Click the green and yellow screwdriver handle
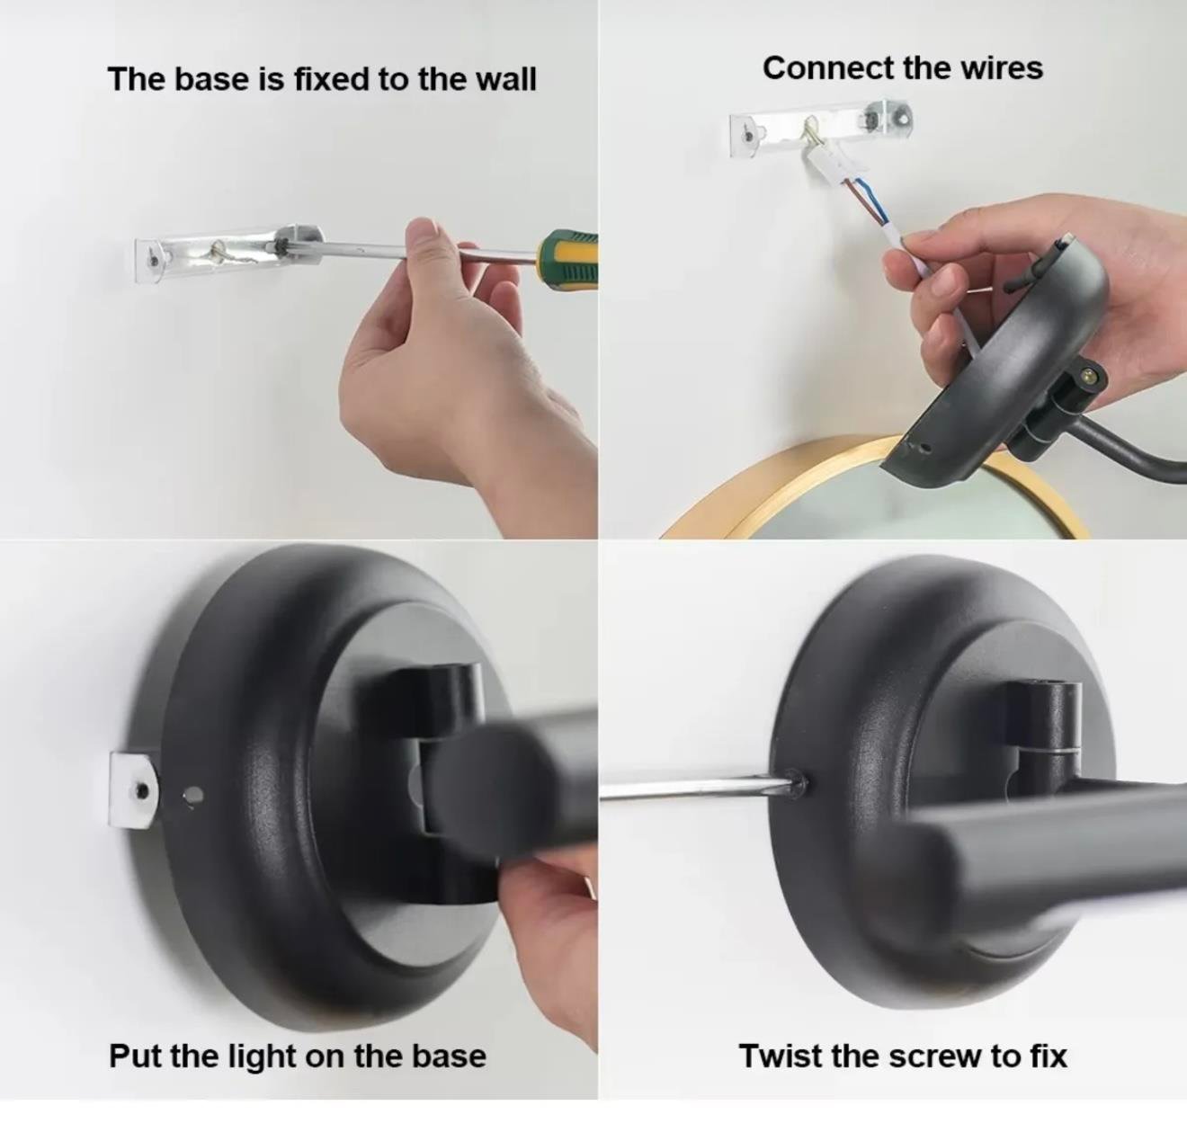(x=567, y=256)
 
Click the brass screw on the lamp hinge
(x=1091, y=377)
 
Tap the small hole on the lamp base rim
(x=193, y=796)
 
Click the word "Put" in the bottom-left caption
(x=136, y=1005)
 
